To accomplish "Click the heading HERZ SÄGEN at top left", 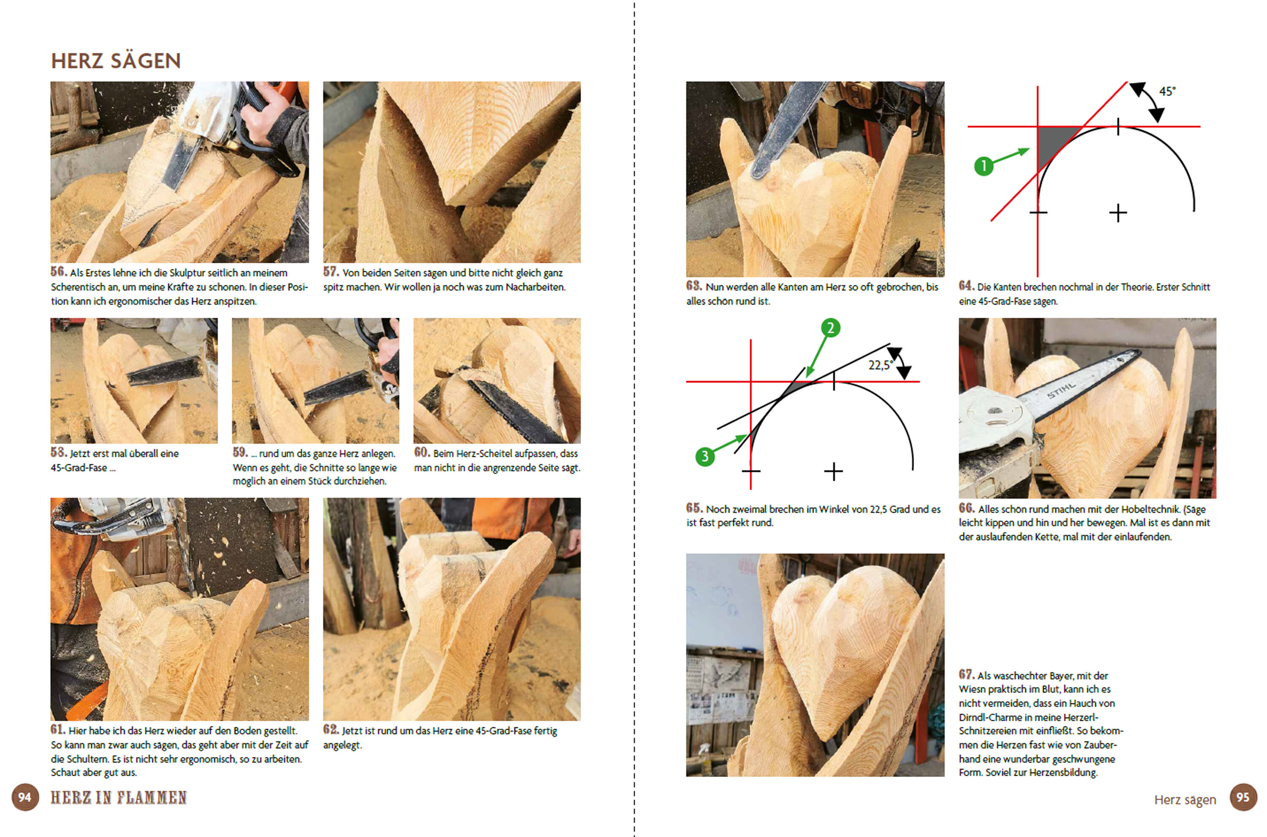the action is (x=116, y=61).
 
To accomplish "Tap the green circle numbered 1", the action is (x=984, y=166).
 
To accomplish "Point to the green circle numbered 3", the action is (x=705, y=456).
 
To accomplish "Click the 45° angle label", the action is (x=1167, y=91).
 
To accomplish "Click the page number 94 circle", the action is (x=25, y=798).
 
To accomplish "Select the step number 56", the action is (x=59, y=272).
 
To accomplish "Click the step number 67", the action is (x=967, y=674).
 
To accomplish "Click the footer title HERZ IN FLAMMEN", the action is (x=118, y=798).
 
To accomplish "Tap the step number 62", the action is (x=331, y=729).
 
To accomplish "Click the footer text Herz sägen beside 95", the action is (x=1185, y=800).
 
